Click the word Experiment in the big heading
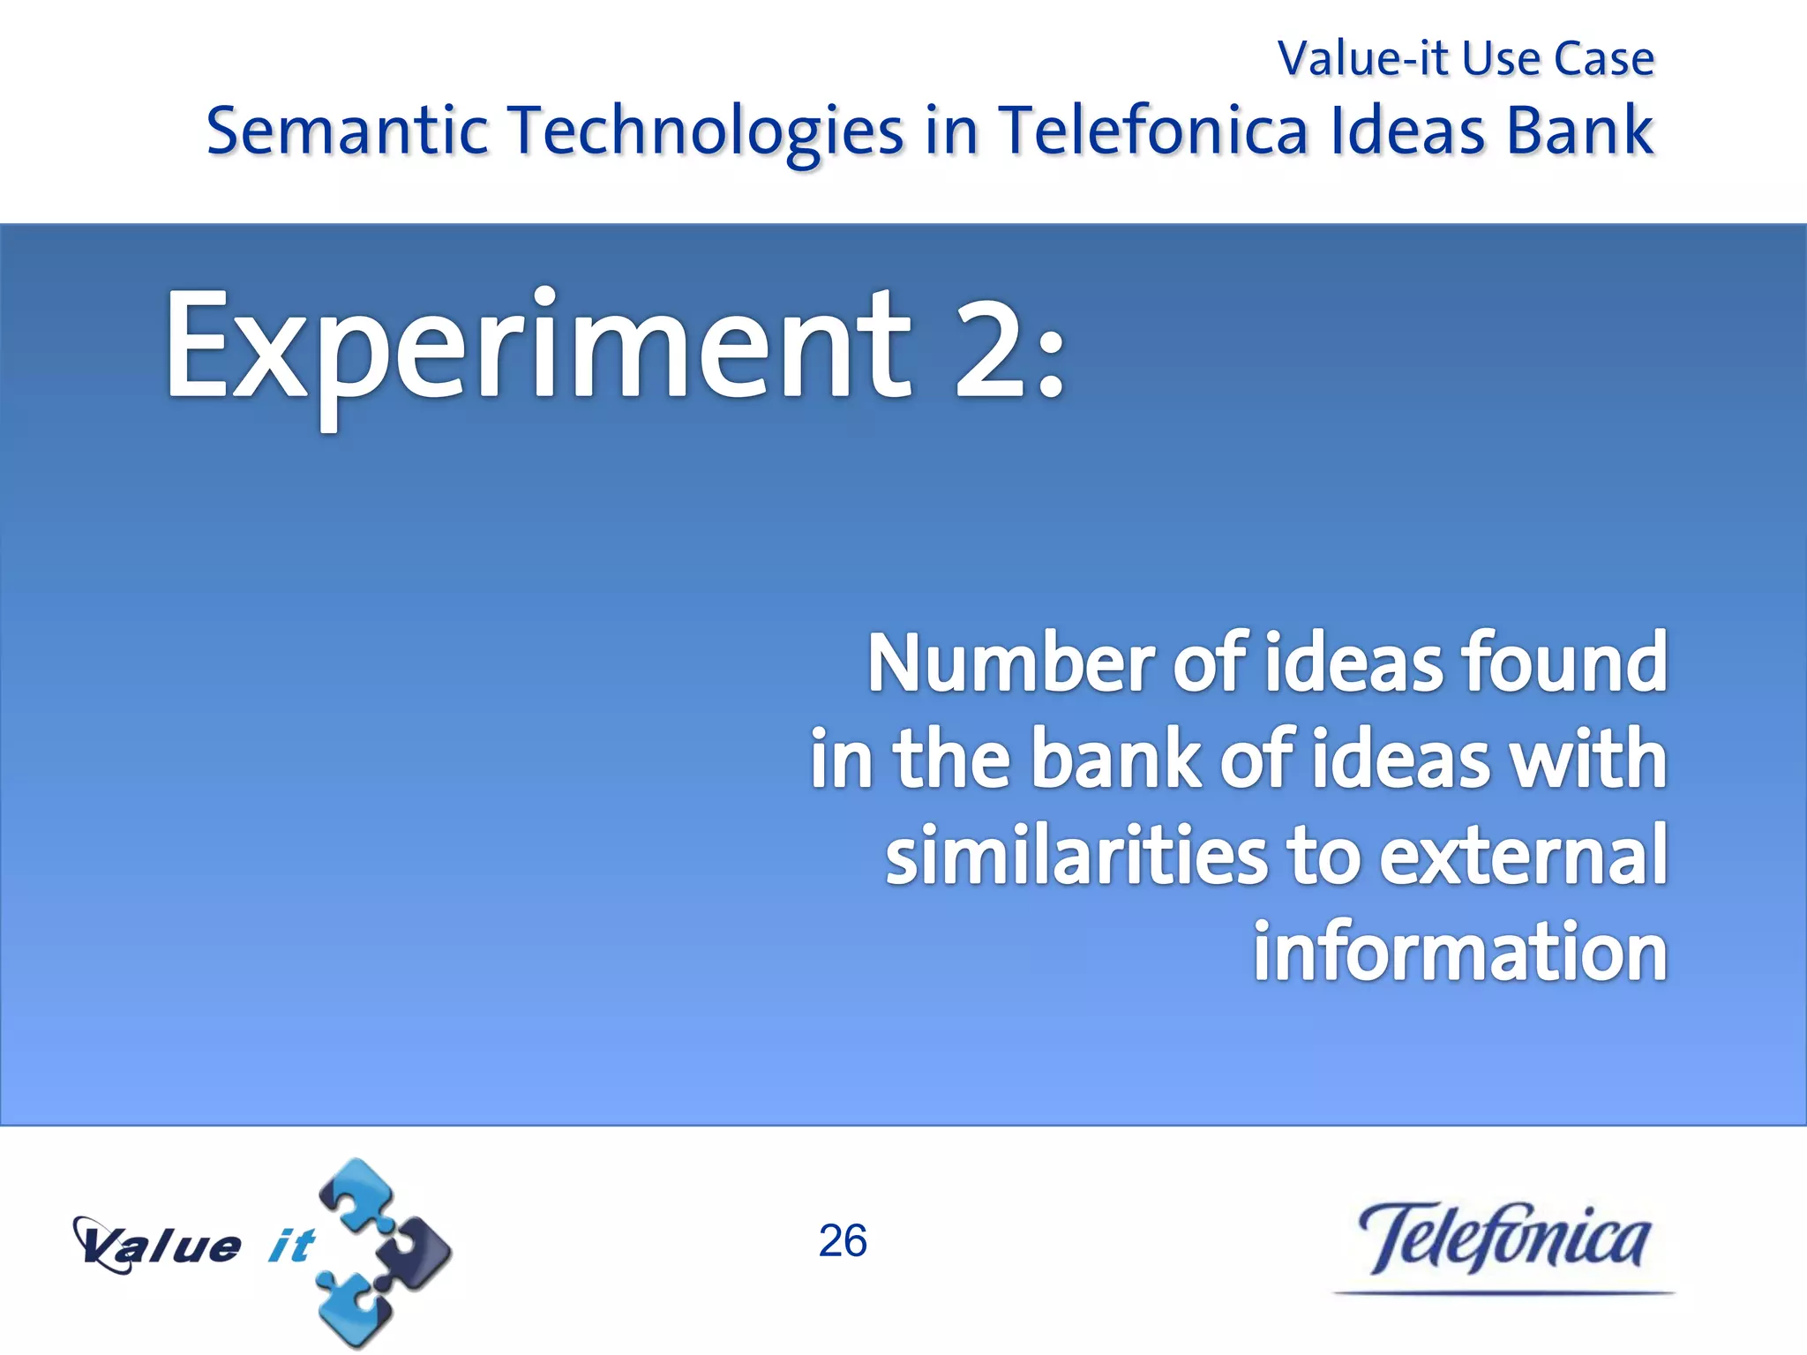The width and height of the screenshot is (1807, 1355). coord(538,348)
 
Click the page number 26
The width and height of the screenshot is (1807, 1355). coord(843,1241)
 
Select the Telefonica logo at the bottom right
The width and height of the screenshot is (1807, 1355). coord(1503,1239)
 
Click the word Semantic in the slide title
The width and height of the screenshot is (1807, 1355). coord(347,131)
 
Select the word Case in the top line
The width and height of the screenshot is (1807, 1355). coord(1603,59)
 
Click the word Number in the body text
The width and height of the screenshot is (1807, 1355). coord(1011,663)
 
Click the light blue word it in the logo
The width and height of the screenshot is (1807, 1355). coord(290,1246)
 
